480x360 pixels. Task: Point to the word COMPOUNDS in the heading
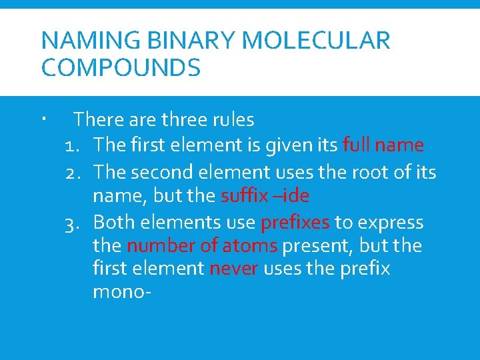(x=121, y=68)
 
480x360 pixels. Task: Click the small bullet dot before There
(x=42, y=120)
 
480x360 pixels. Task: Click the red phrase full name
(x=383, y=145)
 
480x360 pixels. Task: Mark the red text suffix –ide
(x=265, y=196)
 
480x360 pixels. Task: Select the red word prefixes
(x=295, y=221)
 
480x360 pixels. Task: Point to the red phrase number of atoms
(x=202, y=245)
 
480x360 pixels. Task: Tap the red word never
(x=233, y=269)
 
